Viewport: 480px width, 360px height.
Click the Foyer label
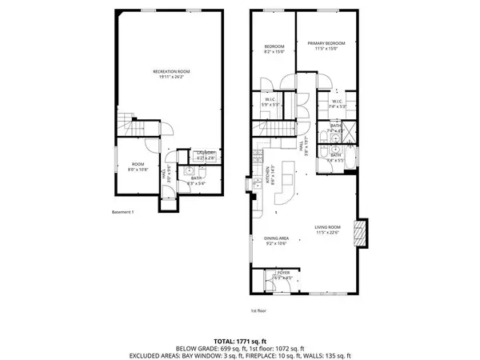click(283, 273)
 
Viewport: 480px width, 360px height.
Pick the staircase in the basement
click(128, 126)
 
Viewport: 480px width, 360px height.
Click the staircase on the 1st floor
click(275, 130)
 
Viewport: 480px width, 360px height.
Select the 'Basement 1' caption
click(127, 212)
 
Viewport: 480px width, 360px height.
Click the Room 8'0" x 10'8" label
click(138, 166)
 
